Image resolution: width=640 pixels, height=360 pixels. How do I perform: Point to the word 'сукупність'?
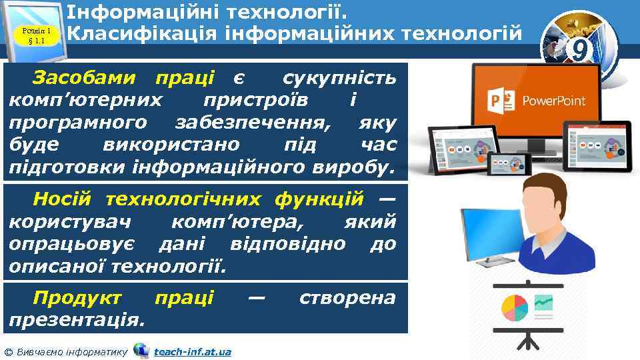(340, 78)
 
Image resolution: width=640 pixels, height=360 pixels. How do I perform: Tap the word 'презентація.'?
(77, 319)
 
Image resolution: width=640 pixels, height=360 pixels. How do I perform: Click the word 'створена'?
(347, 297)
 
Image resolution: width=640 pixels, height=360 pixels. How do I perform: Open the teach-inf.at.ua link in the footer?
(192, 351)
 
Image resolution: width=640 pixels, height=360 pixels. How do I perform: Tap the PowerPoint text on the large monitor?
(553, 101)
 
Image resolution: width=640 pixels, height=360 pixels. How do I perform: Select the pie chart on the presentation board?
(514, 307)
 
